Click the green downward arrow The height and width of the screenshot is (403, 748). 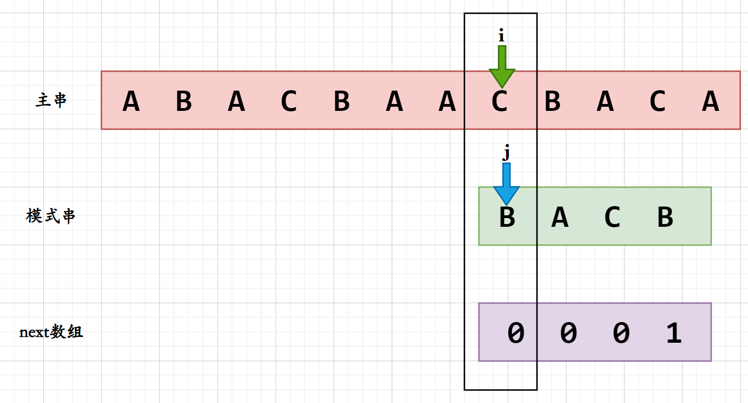pyautogui.click(x=502, y=67)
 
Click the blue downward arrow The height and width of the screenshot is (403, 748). pyautogui.click(x=507, y=184)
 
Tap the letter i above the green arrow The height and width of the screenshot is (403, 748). pyautogui.click(x=501, y=35)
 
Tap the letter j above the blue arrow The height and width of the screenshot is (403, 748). pyautogui.click(x=507, y=152)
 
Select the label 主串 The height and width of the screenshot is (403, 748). pyautogui.click(x=51, y=100)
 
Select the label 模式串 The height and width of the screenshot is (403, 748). pyautogui.click(x=50, y=216)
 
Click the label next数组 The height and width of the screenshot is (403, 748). pyautogui.click(x=51, y=332)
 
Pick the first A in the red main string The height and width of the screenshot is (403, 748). pyautogui.click(x=131, y=101)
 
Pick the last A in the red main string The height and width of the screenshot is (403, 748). pyautogui.click(x=710, y=101)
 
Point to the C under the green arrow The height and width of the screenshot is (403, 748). pyautogui.click(x=500, y=102)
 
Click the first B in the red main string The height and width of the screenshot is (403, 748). pyautogui.click(x=184, y=101)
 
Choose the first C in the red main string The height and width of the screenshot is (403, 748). pyautogui.click(x=289, y=101)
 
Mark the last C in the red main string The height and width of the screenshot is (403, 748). pyautogui.click(x=658, y=101)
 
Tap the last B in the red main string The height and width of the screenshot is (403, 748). pyautogui.click(x=553, y=101)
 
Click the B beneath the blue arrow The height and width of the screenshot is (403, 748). pyautogui.click(x=507, y=217)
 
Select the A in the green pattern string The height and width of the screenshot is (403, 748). pyautogui.click(x=560, y=217)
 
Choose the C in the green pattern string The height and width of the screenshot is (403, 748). pyautogui.click(x=613, y=217)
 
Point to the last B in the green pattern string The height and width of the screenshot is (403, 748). pyautogui.click(x=665, y=217)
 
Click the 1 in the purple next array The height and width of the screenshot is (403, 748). pyautogui.click(x=674, y=333)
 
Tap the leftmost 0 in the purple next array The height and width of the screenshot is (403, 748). pyautogui.click(x=516, y=333)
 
